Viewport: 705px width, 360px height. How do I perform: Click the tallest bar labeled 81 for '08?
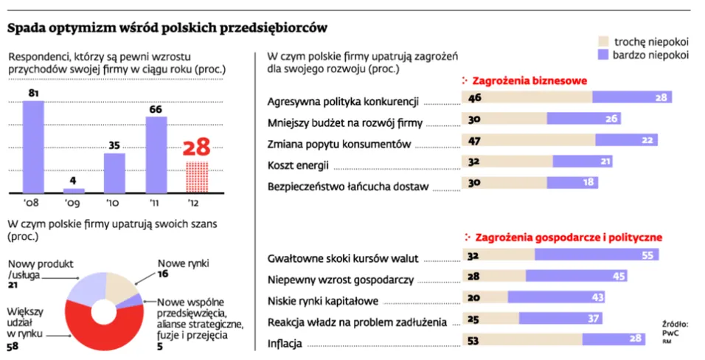click(33, 146)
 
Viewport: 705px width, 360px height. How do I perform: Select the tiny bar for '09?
click(74, 190)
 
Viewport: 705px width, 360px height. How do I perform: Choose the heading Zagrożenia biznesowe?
click(528, 80)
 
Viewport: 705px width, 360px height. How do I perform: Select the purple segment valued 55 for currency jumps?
click(596, 255)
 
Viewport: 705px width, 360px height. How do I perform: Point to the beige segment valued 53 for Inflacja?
click(521, 339)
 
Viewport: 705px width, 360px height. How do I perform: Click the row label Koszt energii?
click(298, 165)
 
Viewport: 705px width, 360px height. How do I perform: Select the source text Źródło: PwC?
click(674, 328)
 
